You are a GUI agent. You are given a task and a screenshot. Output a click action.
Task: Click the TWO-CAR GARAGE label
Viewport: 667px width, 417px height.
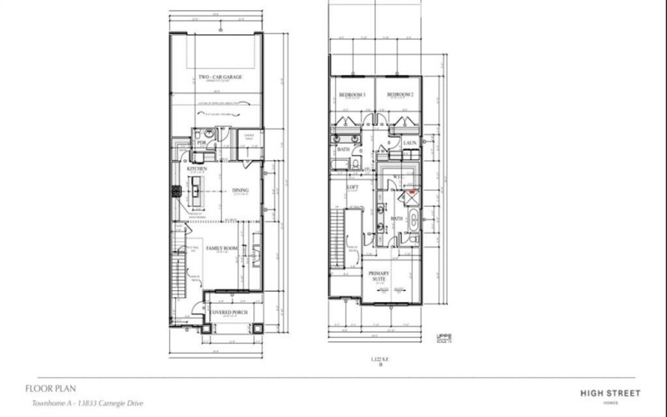(220, 78)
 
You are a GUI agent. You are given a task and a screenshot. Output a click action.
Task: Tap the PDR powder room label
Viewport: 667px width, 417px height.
(201, 143)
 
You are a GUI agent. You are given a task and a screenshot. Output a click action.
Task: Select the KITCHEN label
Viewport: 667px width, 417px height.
(197, 169)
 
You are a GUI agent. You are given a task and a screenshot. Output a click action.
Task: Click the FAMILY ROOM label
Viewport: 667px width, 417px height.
(223, 248)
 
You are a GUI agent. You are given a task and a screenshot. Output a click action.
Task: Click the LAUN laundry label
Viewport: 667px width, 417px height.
(409, 143)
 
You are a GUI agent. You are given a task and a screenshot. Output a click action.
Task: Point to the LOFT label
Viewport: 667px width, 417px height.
(353, 187)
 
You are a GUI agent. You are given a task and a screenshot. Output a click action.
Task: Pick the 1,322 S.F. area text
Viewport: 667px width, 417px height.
(381, 357)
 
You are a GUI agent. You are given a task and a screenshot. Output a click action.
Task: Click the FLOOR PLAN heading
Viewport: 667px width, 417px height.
(47, 388)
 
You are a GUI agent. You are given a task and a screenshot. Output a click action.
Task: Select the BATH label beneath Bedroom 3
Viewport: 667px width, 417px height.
(344, 150)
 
